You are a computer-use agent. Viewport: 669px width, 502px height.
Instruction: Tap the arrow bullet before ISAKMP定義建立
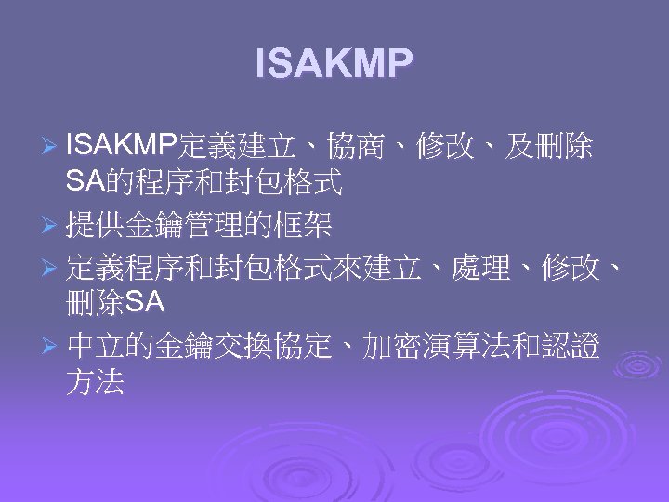point(52,147)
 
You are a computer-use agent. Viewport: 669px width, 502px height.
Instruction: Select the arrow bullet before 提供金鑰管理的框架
point(52,224)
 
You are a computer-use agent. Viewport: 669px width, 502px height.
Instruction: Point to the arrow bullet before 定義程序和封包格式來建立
point(52,270)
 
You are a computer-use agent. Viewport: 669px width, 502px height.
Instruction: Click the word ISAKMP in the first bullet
point(122,146)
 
